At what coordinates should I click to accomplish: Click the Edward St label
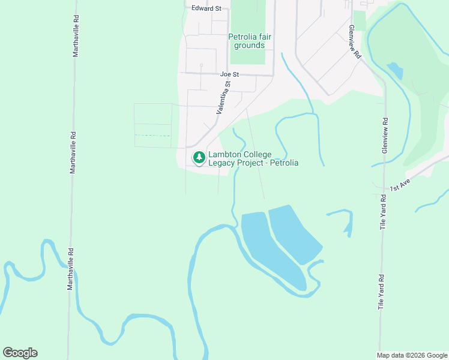pos(206,8)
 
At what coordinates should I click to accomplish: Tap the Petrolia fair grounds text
pos(250,41)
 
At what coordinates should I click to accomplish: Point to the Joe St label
pos(229,74)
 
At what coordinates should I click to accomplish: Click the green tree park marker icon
pos(199,158)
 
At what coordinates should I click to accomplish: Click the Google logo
pos(20,353)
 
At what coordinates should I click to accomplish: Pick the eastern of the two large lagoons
pos(294,234)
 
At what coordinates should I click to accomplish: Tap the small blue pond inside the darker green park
pos(395,71)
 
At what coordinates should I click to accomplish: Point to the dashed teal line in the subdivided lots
pos(152,136)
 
